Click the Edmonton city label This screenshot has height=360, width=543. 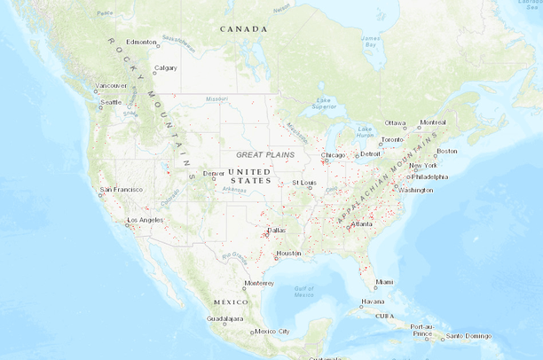142,42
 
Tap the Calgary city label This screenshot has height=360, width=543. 166,68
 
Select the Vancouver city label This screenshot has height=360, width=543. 111,86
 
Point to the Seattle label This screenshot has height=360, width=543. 111,102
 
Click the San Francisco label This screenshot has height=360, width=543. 121,190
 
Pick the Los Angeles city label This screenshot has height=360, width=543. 146,220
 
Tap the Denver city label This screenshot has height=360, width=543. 214,174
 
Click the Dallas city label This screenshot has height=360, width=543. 276,230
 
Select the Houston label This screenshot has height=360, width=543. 289,253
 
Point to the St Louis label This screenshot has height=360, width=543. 304,183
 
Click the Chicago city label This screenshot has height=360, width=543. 334,155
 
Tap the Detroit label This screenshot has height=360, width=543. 370,154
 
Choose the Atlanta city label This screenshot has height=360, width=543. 362,224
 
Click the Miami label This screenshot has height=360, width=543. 383,282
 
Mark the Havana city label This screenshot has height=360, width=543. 373,302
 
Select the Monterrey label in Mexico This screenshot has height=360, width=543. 259,284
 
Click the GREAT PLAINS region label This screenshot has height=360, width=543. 264,155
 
